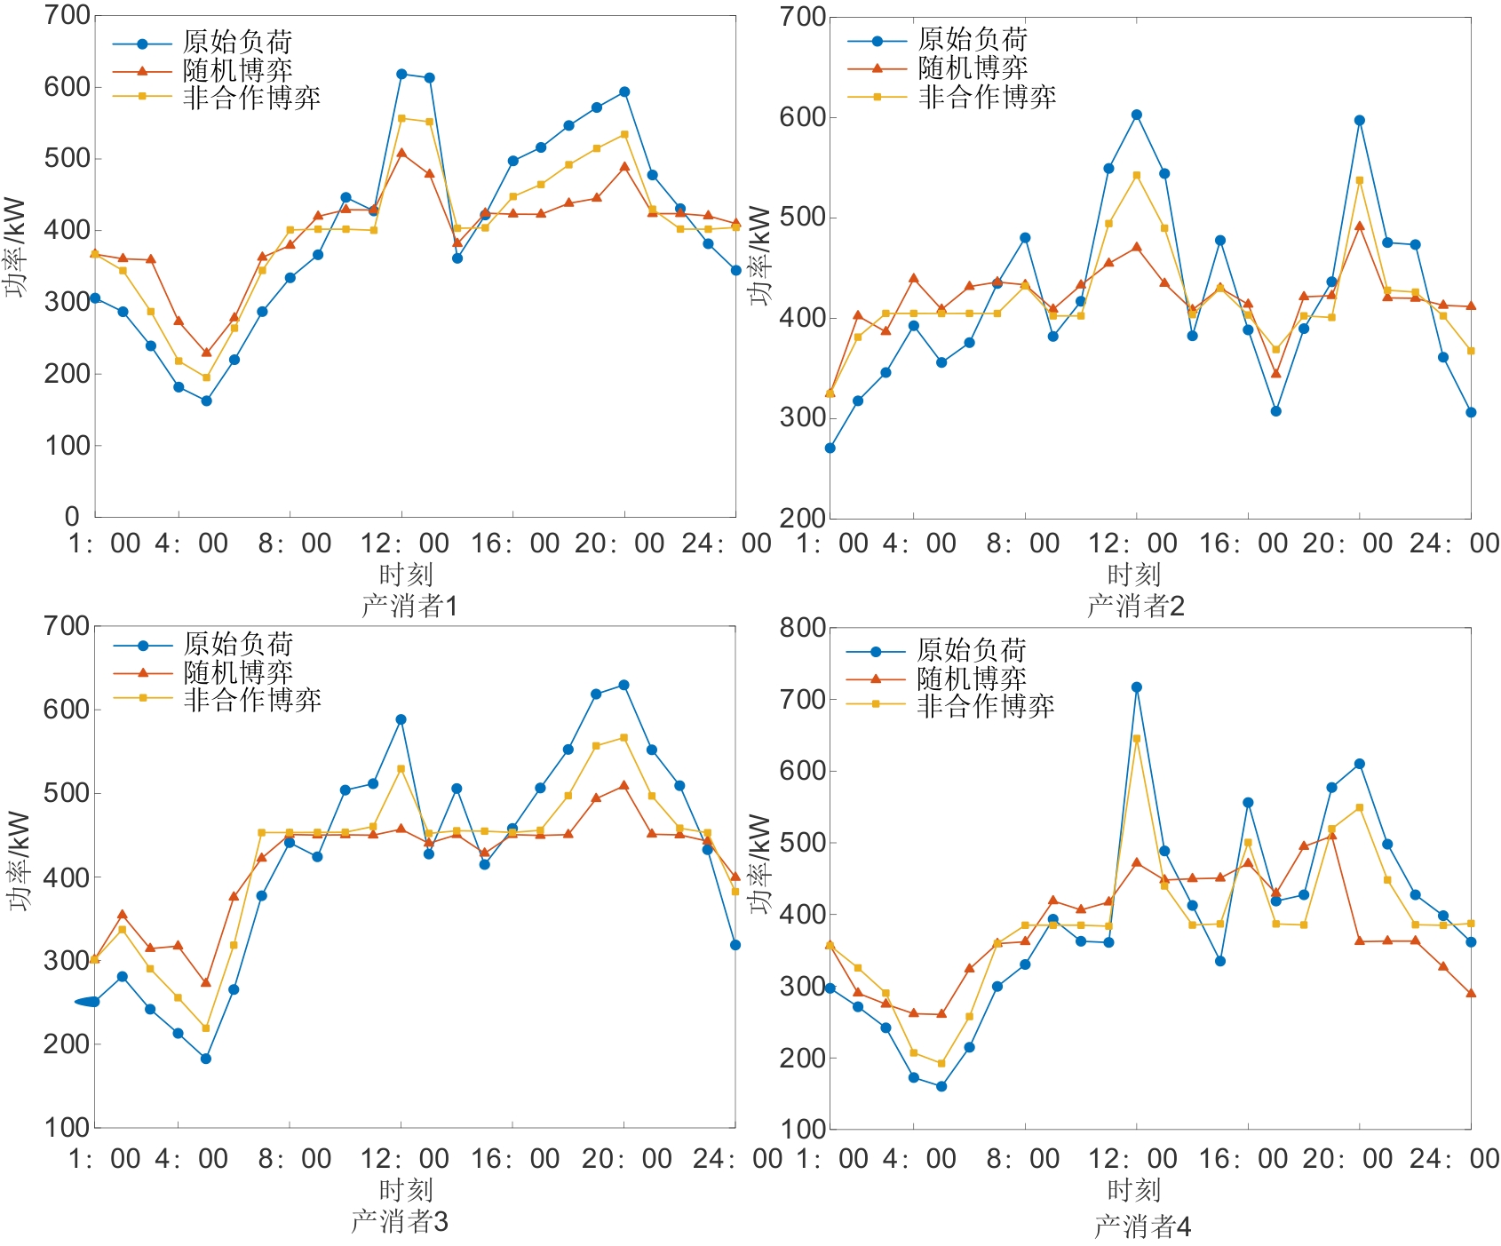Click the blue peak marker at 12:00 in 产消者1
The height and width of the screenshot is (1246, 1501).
(401, 75)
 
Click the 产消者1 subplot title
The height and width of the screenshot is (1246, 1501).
(409, 606)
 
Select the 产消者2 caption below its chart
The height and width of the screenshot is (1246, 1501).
(1136, 606)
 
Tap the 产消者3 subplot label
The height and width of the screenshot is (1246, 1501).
(400, 1221)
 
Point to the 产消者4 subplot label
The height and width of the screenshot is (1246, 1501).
(1142, 1226)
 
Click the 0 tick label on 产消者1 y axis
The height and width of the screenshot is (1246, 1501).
(73, 516)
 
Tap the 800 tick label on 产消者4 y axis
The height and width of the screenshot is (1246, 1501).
(803, 628)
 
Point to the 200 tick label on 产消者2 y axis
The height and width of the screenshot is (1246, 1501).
(803, 518)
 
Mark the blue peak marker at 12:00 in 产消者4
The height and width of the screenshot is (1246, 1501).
(1137, 687)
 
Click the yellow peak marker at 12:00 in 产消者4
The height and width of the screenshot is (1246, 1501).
(1137, 739)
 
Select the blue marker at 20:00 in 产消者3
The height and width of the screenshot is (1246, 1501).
(623, 685)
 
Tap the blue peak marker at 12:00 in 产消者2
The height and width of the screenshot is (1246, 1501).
(1137, 115)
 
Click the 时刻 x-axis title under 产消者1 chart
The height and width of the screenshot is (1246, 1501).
(405, 575)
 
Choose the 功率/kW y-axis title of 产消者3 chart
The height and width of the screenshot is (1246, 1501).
(20, 861)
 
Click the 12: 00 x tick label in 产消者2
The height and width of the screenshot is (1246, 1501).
(1133, 543)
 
